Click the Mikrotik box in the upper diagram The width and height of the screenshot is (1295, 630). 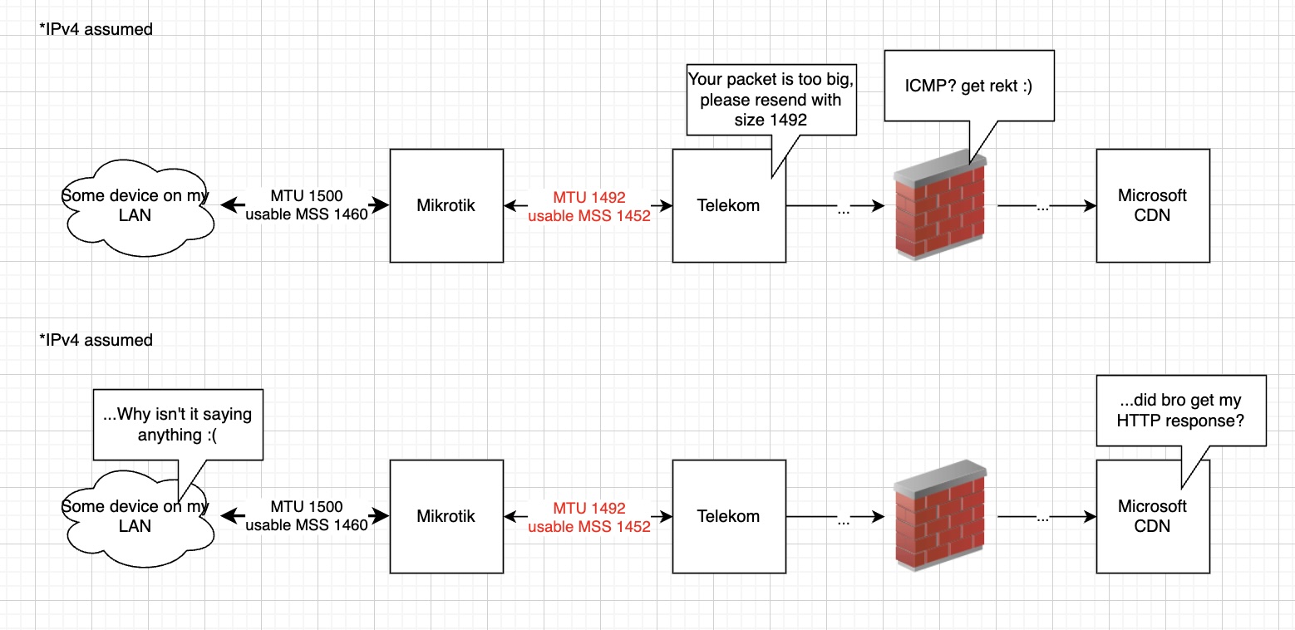[x=446, y=205]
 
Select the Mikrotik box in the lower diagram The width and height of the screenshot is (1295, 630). [x=446, y=516]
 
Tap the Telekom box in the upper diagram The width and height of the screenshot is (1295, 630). [x=728, y=205]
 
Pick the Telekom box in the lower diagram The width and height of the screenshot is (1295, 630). [x=728, y=516]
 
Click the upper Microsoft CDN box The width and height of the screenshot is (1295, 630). [x=1152, y=205]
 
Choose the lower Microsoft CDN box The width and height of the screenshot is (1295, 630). [x=1152, y=516]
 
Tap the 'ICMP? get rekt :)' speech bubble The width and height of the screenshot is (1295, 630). [x=969, y=86]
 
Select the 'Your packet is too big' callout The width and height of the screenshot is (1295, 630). [x=771, y=100]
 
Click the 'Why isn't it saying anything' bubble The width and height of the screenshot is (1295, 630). [x=178, y=424]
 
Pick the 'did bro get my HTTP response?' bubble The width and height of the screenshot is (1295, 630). [x=1180, y=411]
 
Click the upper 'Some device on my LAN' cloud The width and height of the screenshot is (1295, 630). [x=135, y=205]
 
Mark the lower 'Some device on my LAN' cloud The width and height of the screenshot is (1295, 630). [x=135, y=516]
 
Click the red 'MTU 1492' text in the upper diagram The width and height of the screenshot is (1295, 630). [x=589, y=198]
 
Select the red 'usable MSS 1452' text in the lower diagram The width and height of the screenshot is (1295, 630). [x=589, y=525]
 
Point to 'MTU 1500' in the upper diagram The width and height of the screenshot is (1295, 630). [x=306, y=196]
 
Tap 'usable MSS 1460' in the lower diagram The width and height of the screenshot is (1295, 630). [x=307, y=525]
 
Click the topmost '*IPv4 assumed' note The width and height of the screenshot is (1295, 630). [x=96, y=30]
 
